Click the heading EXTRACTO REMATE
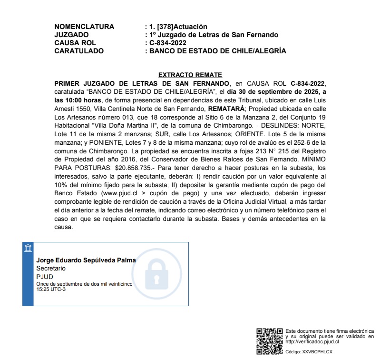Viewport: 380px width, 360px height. coord(190,75)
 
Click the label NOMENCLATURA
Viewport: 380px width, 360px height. coord(84,27)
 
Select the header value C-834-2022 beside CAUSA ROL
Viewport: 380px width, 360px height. coord(168,43)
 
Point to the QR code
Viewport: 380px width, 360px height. coord(270,341)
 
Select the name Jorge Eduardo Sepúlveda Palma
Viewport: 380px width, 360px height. coord(86,260)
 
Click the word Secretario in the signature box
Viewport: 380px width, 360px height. coord(51,269)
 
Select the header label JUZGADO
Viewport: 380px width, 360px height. coord(71,35)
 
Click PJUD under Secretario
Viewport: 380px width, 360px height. coord(44,277)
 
